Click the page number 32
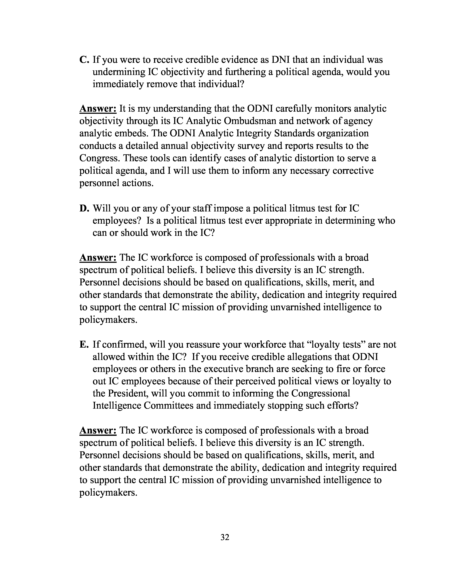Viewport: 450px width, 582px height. click(x=225, y=537)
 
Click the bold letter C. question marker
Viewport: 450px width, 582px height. click(x=84, y=60)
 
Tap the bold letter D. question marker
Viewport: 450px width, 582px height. click(x=84, y=208)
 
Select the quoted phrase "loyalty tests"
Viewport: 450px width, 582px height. click(x=336, y=345)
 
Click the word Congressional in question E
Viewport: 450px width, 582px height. click(x=320, y=393)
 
